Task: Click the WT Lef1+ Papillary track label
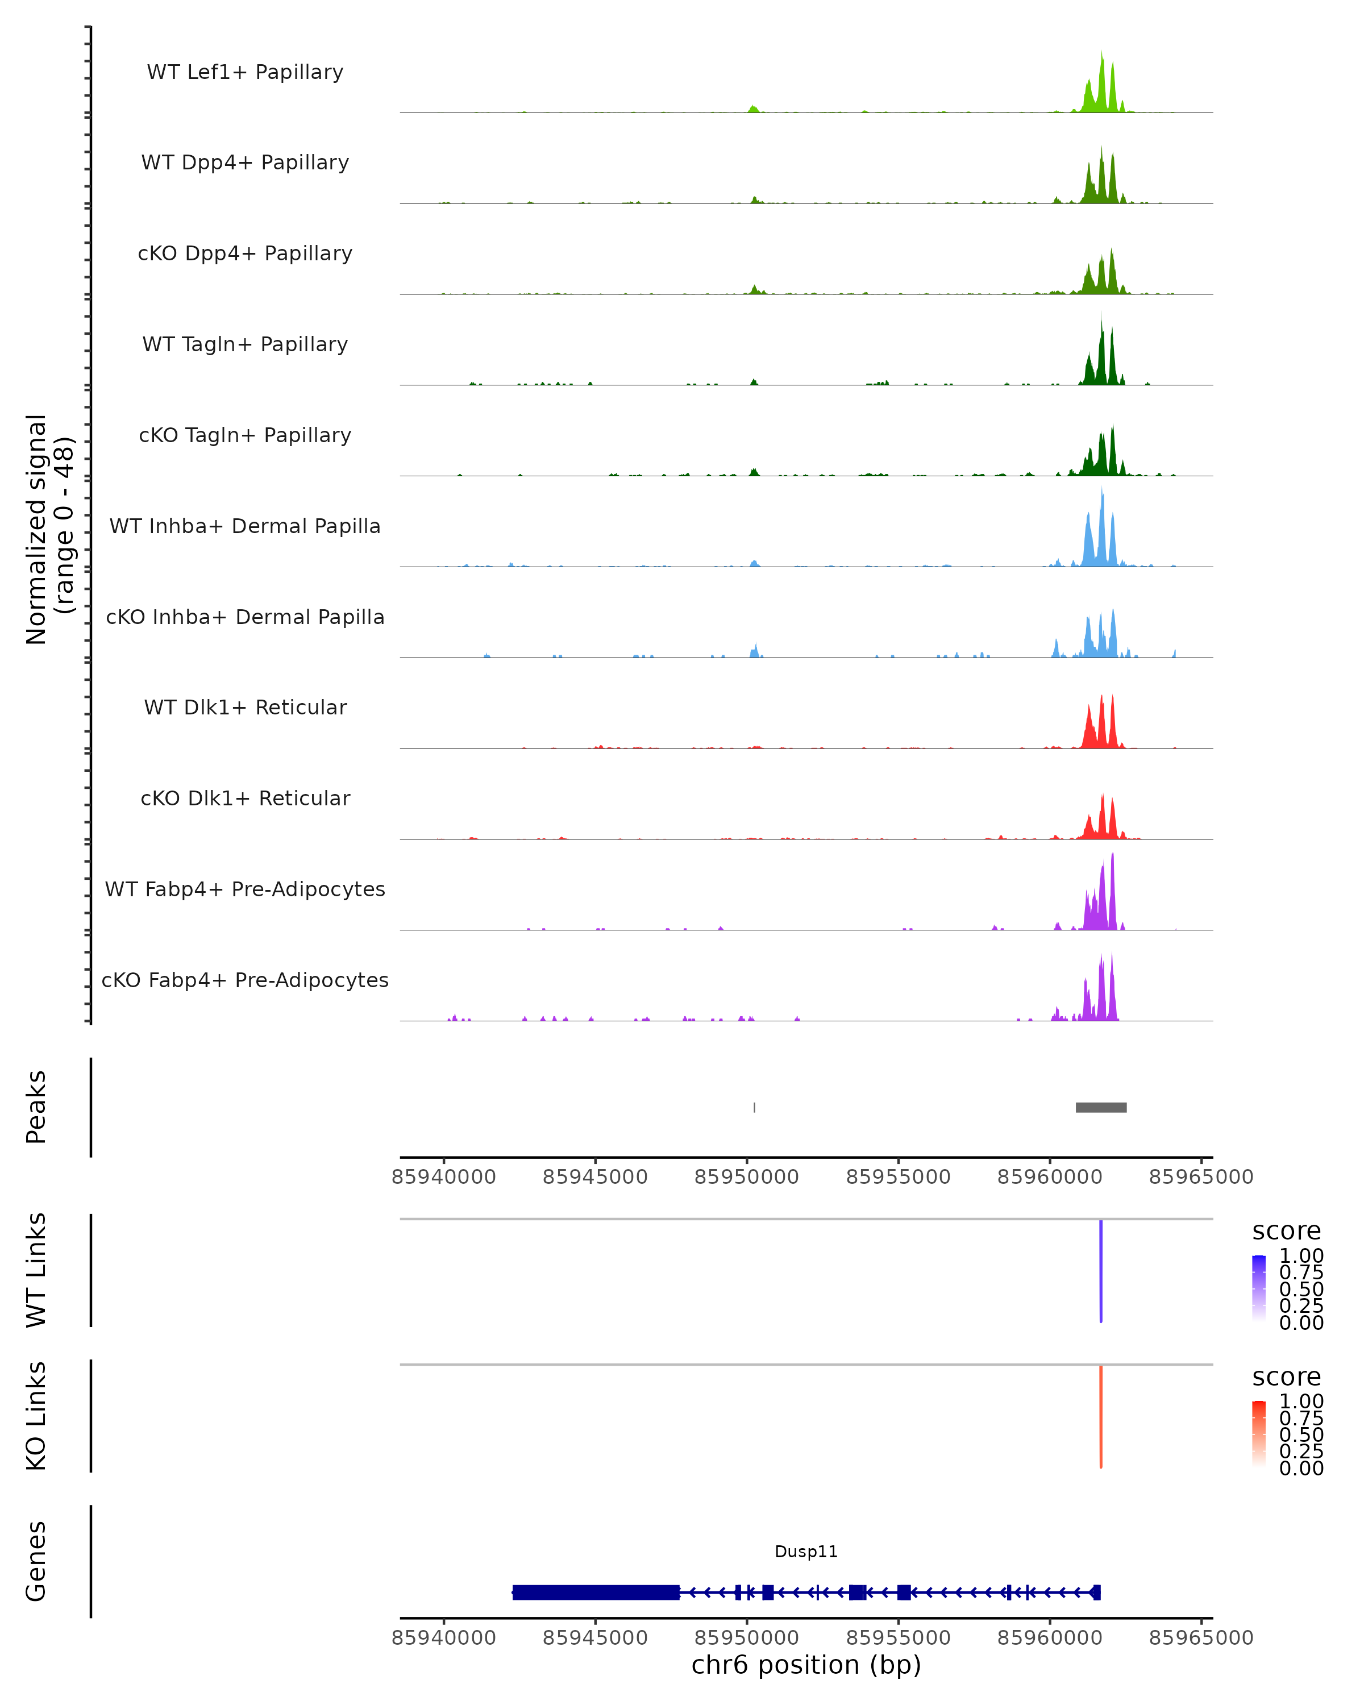click(x=245, y=72)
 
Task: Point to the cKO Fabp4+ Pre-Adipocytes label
click(x=245, y=980)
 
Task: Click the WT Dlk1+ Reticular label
click(x=245, y=707)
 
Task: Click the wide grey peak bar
click(x=1101, y=1107)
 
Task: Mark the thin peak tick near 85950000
click(x=754, y=1107)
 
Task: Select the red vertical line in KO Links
click(x=1101, y=1416)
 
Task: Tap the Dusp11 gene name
click(x=806, y=1552)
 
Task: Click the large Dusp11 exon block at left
click(x=596, y=1592)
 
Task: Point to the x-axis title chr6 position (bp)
click(x=806, y=1665)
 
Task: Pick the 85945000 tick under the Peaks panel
click(x=596, y=1177)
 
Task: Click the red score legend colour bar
click(x=1259, y=1434)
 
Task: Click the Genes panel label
click(x=36, y=1561)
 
